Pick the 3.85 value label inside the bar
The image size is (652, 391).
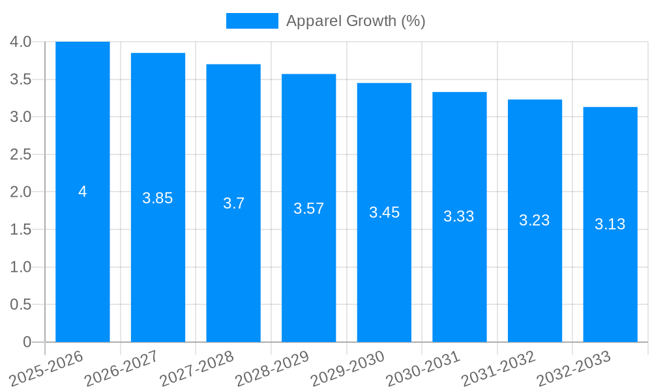[158, 198]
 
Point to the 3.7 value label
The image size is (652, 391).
[233, 203]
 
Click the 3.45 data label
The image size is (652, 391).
[385, 212]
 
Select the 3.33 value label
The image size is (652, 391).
[459, 216]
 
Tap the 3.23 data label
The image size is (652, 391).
[535, 220]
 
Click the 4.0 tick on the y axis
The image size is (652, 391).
[21, 42]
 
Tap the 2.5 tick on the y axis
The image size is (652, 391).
[21, 154]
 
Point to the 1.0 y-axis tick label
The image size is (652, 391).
[21, 267]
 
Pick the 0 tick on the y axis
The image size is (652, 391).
[27, 342]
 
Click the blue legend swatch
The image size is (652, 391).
[252, 21]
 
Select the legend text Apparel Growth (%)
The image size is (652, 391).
[355, 21]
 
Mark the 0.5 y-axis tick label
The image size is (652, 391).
[21, 304]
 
